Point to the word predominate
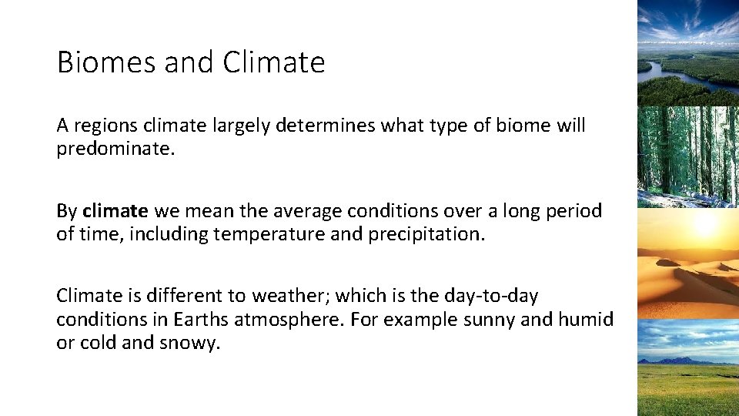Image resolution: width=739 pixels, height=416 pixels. [115, 148]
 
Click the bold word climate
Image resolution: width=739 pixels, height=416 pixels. [115, 210]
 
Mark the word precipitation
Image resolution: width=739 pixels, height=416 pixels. [425, 233]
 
